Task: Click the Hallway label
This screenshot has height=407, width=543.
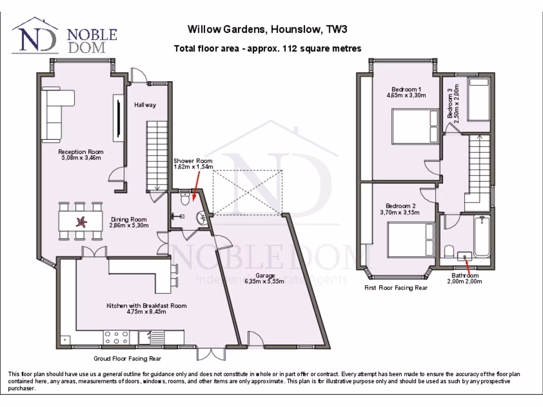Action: coord(145,105)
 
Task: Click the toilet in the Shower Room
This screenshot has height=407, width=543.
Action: coord(185,199)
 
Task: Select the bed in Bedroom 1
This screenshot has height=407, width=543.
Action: coord(414,126)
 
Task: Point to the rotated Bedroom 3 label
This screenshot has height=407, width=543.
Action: coord(452,102)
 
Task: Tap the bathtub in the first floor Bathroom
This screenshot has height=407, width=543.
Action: coord(481,237)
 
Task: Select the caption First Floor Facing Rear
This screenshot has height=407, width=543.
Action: coord(396,288)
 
